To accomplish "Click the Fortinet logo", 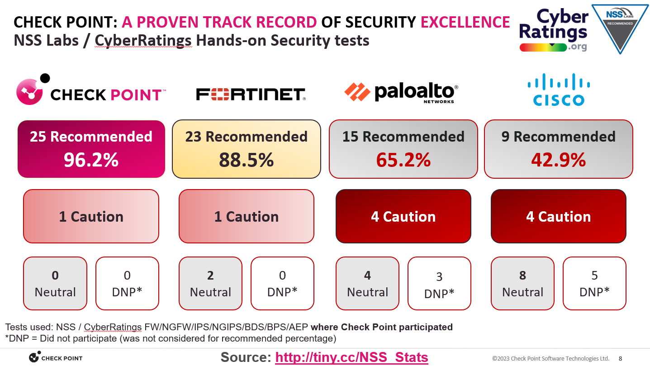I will tap(251, 94).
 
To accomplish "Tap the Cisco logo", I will tap(558, 90).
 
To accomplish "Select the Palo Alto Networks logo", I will tap(401, 93).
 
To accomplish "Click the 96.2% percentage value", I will tap(91, 160).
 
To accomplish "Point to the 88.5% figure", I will tap(246, 160).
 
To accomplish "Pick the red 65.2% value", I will tap(403, 160).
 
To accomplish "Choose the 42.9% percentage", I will tap(558, 160).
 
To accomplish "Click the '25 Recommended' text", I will tap(91, 137).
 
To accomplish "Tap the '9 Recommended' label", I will tap(558, 137).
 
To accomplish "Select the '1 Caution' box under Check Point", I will tap(91, 216).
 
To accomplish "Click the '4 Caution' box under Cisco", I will tap(558, 216).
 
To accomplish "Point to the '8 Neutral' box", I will tap(522, 284).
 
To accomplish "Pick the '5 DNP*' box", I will tap(594, 284).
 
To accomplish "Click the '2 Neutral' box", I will tap(210, 284).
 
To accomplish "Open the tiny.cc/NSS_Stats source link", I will tap(351, 357).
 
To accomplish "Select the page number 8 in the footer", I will tap(620, 358).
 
